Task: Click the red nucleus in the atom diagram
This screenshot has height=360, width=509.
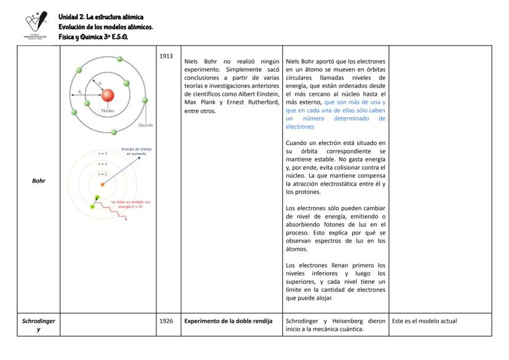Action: coord(108,96)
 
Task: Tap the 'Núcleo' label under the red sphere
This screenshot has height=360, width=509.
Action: coord(108,111)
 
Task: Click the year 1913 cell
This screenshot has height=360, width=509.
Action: coord(165,56)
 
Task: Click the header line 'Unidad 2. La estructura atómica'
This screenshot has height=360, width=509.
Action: coord(101,17)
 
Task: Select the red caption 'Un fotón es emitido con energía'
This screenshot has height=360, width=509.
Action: coord(132,203)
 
